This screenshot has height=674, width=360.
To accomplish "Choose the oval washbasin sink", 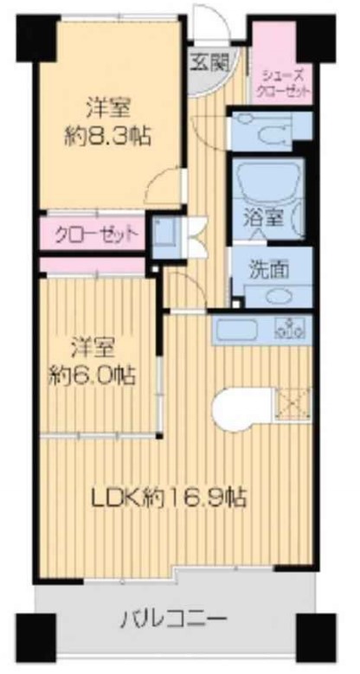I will (279, 295).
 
